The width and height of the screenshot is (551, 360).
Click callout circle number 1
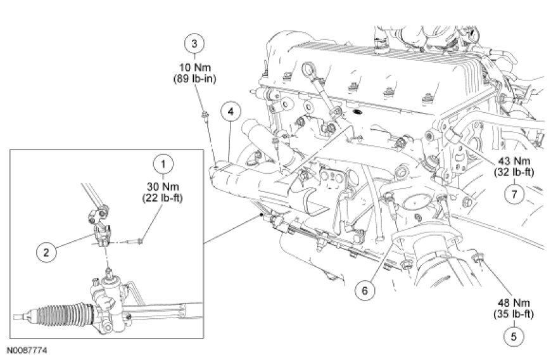coord(163,164)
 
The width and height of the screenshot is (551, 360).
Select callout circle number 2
coord(46,252)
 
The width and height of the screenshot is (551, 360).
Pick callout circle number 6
coord(365,290)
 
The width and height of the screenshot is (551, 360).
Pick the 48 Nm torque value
coord(512,303)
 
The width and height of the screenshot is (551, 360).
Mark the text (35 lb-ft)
coord(512,314)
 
